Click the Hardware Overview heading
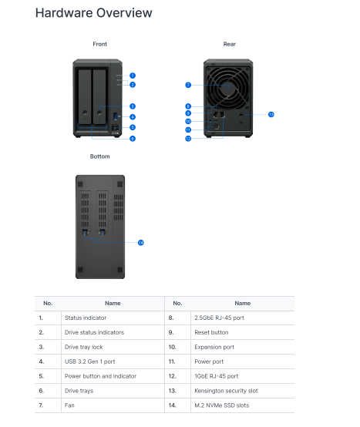pyautogui.click(x=93, y=13)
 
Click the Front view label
pyautogui.click(x=99, y=45)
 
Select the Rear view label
pyautogui.click(x=229, y=45)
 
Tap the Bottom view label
pyautogui.click(x=99, y=156)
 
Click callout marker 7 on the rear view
pyautogui.click(x=187, y=85)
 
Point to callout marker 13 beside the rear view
pyautogui.click(x=271, y=114)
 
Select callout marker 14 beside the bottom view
pyautogui.click(x=141, y=242)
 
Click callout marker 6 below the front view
pyautogui.click(x=132, y=138)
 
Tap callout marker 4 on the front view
pyautogui.click(x=132, y=117)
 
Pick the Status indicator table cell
pyautogui.click(x=86, y=318)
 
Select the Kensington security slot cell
pyautogui.click(x=226, y=391)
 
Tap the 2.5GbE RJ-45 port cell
pyautogui.click(x=219, y=318)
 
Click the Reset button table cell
pyautogui.click(x=211, y=332)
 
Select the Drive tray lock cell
pyautogui.click(x=86, y=347)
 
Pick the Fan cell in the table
pyautogui.click(x=70, y=405)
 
